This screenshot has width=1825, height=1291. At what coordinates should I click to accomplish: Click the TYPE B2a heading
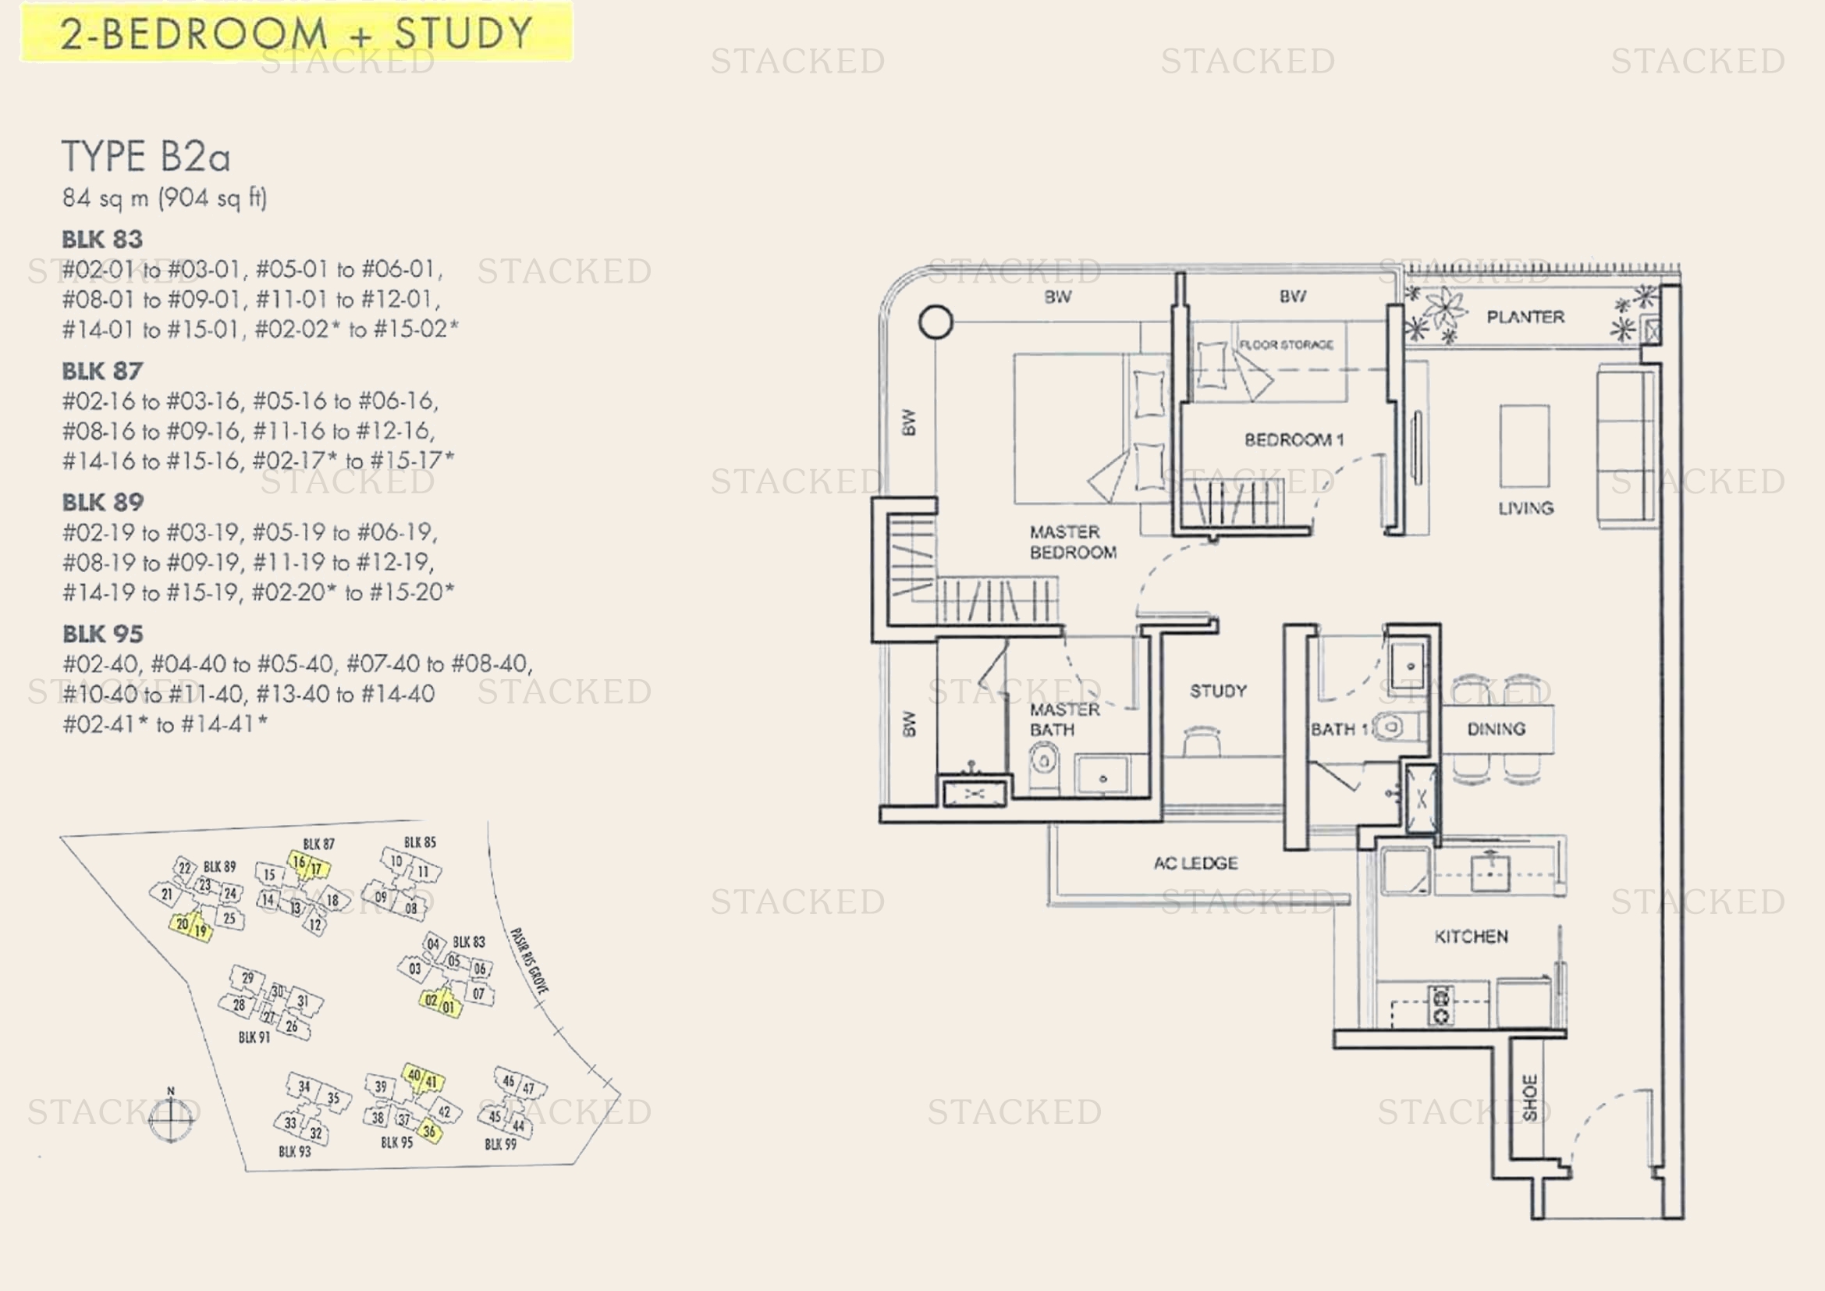pyautogui.click(x=146, y=157)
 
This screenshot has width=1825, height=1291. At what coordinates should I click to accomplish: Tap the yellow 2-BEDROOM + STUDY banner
pyautogui.click(x=296, y=33)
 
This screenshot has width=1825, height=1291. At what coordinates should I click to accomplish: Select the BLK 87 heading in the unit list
pyautogui.click(x=102, y=372)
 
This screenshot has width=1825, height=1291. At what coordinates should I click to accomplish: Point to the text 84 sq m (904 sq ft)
pyautogui.click(x=165, y=198)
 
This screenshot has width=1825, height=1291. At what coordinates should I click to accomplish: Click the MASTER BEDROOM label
pyautogui.click(x=1071, y=542)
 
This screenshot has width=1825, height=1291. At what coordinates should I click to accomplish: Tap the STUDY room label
pyautogui.click(x=1218, y=691)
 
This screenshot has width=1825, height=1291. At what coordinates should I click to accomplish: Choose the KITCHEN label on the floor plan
pyautogui.click(x=1471, y=937)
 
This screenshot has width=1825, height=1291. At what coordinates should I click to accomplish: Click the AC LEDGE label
pyautogui.click(x=1195, y=862)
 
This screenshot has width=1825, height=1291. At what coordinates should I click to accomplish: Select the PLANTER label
pyautogui.click(x=1525, y=317)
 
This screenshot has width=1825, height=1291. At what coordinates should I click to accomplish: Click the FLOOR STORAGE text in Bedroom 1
pyautogui.click(x=1285, y=345)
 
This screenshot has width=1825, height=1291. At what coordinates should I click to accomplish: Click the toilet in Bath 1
pyautogui.click(x=1390, y=726)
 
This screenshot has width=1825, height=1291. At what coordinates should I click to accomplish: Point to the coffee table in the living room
pyautogui.click(x=1524, y=445)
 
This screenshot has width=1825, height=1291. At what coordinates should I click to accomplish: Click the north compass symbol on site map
pyautogui.click(x=171, y=1118)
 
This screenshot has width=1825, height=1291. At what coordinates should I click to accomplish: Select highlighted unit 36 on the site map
pyautogui.click(x=429, y=1130)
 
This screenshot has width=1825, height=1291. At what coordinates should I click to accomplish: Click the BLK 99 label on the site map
pyautogui.click(x=500, y=1145)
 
